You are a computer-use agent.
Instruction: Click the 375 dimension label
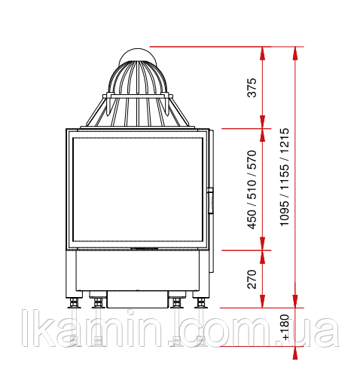pos(252,87)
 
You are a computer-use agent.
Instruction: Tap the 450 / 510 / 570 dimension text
pos(252,190)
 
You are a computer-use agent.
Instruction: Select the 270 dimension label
pos(252,279)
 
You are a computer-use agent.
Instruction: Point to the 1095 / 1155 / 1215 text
pos(285,177)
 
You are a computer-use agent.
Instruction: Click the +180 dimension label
pos(285,327)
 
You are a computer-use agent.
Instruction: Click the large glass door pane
pos(138,189)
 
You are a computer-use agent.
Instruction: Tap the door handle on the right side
pos(210,201)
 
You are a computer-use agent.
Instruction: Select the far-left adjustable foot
pos(74,302)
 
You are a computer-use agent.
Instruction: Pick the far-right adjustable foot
pos(201,302)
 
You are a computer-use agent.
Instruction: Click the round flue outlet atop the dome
pos(138,54)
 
